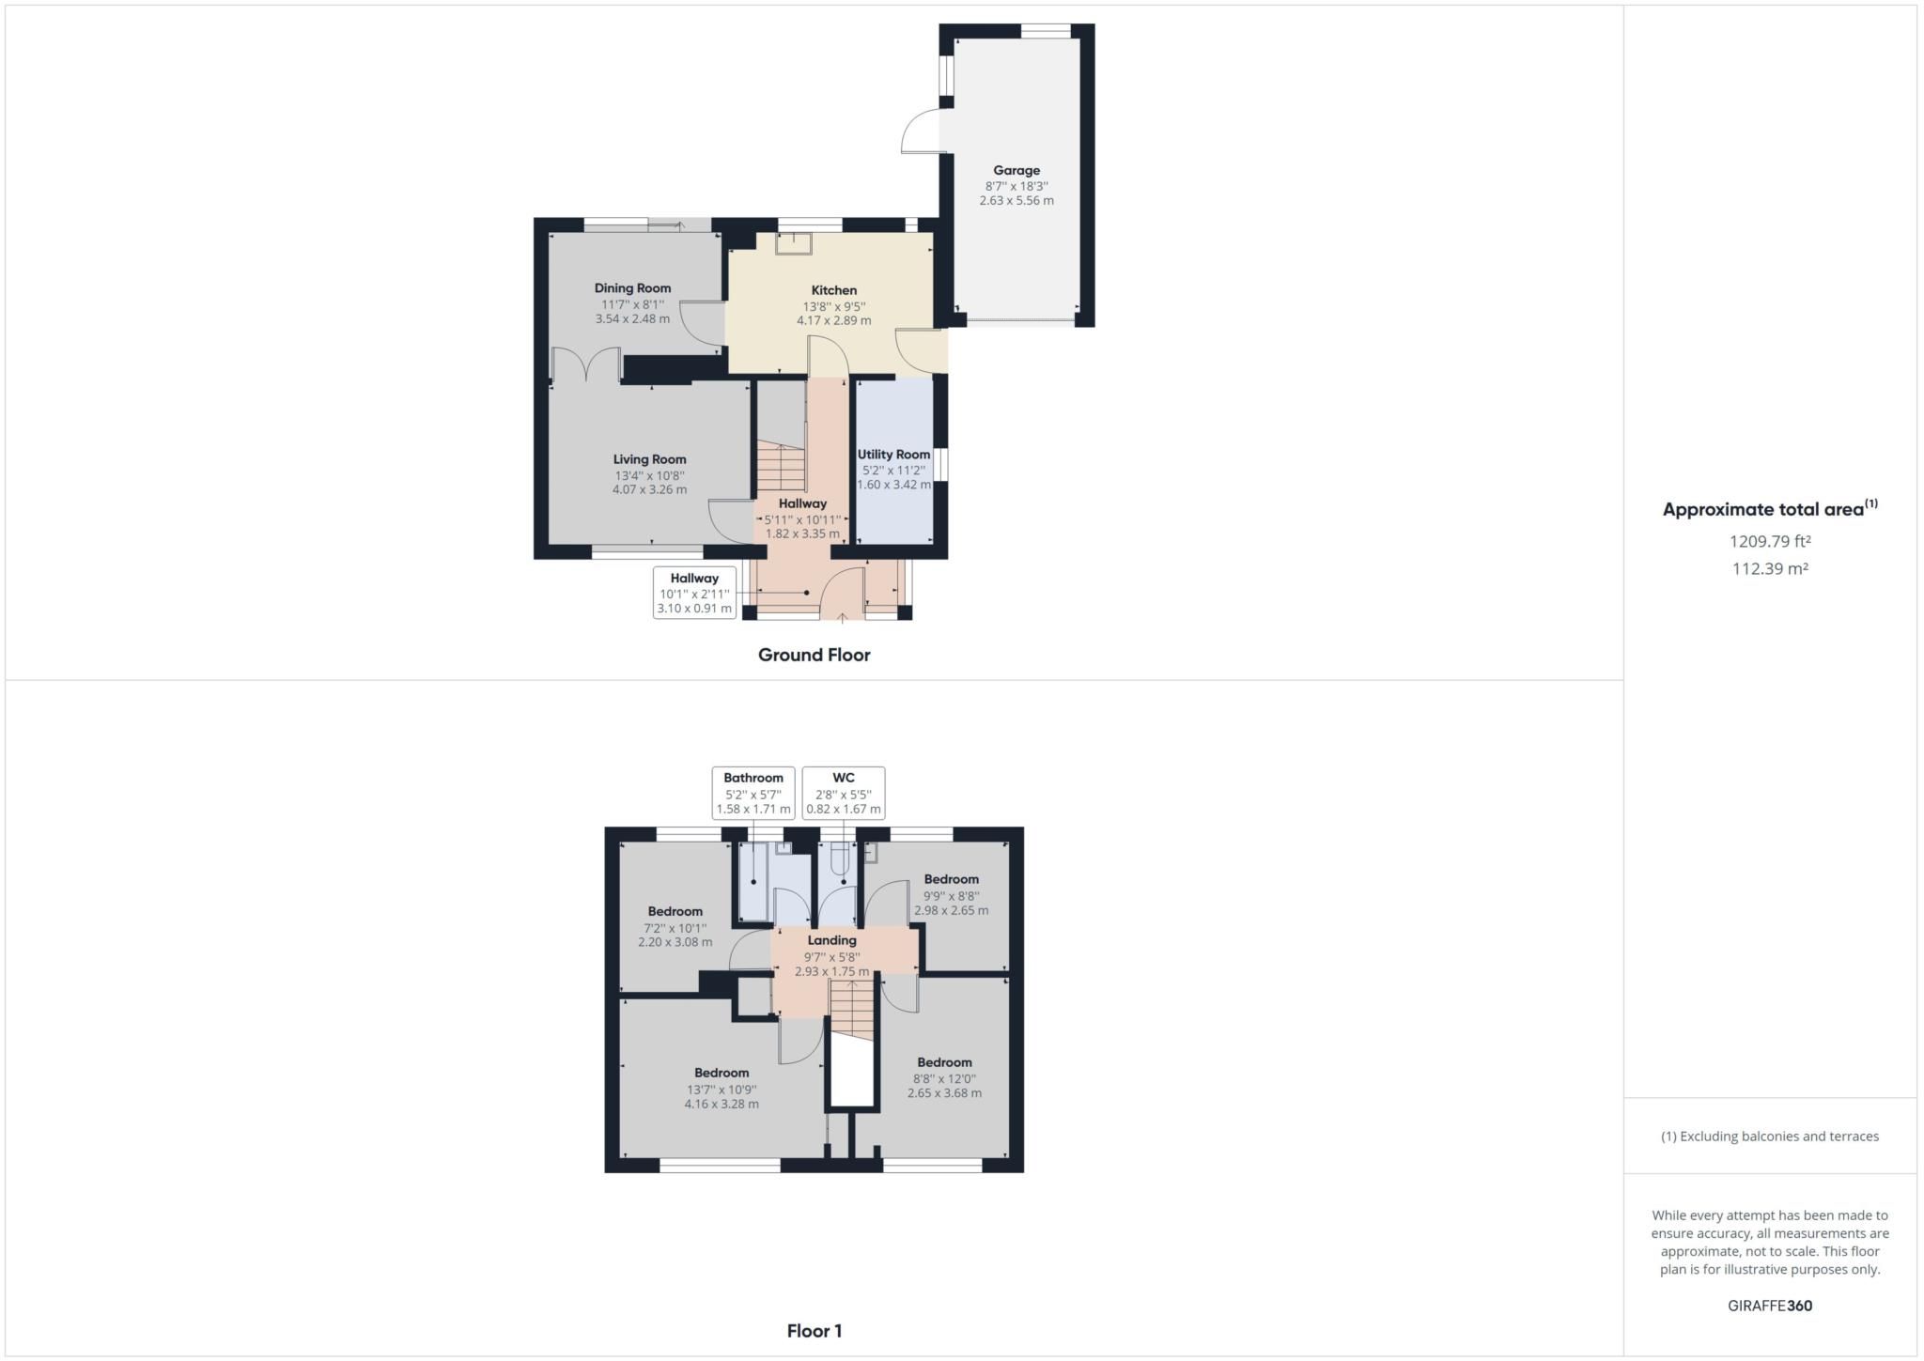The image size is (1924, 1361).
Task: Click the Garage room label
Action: coord(1016,170)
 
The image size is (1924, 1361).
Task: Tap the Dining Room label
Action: coord(632,288)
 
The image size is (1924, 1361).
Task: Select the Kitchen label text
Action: coord(833,290)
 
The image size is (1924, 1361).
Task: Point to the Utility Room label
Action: coord(893,455)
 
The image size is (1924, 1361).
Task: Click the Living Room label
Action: coord(649,459)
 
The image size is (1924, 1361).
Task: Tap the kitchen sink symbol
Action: coord(793,244)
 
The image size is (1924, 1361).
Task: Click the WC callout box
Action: coord(844,793)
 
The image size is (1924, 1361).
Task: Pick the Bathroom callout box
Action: coord(753,793)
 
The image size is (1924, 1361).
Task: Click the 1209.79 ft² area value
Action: coord(1770,541)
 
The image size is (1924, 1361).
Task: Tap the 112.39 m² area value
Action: coord(1770,568)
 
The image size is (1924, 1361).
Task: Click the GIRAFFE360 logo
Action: coord(1770,1306)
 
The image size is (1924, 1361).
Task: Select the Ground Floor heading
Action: coord(814,655)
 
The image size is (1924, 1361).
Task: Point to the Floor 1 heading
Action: coord(814,1331)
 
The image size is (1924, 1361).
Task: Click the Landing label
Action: coord(831,940)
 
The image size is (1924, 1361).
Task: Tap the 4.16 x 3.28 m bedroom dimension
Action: coord(721,1104)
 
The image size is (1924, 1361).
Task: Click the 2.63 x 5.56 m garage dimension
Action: coord(1016,200)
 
